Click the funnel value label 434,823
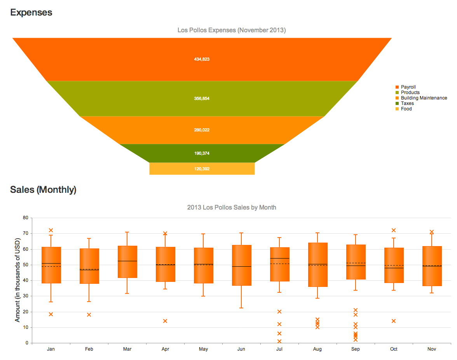point(202,59)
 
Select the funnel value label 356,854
point(202,99)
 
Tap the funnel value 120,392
point(202,169)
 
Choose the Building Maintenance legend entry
point(424,98)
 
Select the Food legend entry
point(406,109)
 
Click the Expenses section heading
point(31,12)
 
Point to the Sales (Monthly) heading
point(43,190)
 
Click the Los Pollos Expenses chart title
point(232,30)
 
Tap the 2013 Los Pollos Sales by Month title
point(232,207)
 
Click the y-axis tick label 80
point(26,218)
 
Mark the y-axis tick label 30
point(26,296)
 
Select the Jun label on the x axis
point(241,349)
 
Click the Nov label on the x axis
point(432,349)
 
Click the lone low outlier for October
point(394,321)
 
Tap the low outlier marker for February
point(89,315)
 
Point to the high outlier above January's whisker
point(51,230)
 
